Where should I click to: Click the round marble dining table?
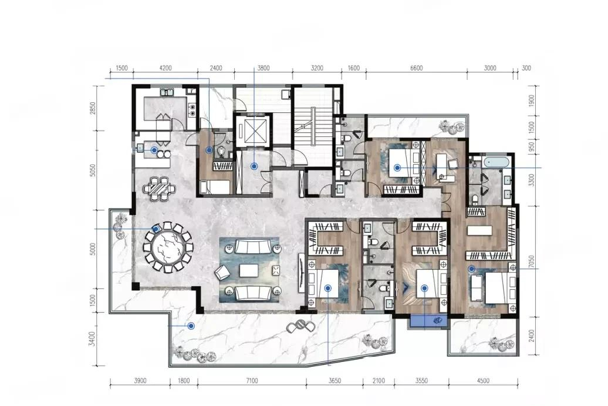point(167,247)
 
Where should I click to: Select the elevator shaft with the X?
point(252,130)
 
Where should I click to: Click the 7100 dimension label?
point(252,381)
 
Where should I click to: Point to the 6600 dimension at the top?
point(416,68)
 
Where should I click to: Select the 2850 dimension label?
point(92,108)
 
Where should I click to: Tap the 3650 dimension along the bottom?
point(335,381)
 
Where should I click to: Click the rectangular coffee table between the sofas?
point(249,270)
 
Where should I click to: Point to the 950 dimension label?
point(532,146)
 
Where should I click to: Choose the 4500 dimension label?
point(483,381)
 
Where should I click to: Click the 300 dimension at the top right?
point(526,68)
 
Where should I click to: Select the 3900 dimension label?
point(140,381)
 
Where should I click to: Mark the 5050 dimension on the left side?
point(92,170)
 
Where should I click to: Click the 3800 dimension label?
point(264,68)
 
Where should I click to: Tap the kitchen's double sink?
point(167,92)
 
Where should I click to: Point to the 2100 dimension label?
point(379,381)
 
